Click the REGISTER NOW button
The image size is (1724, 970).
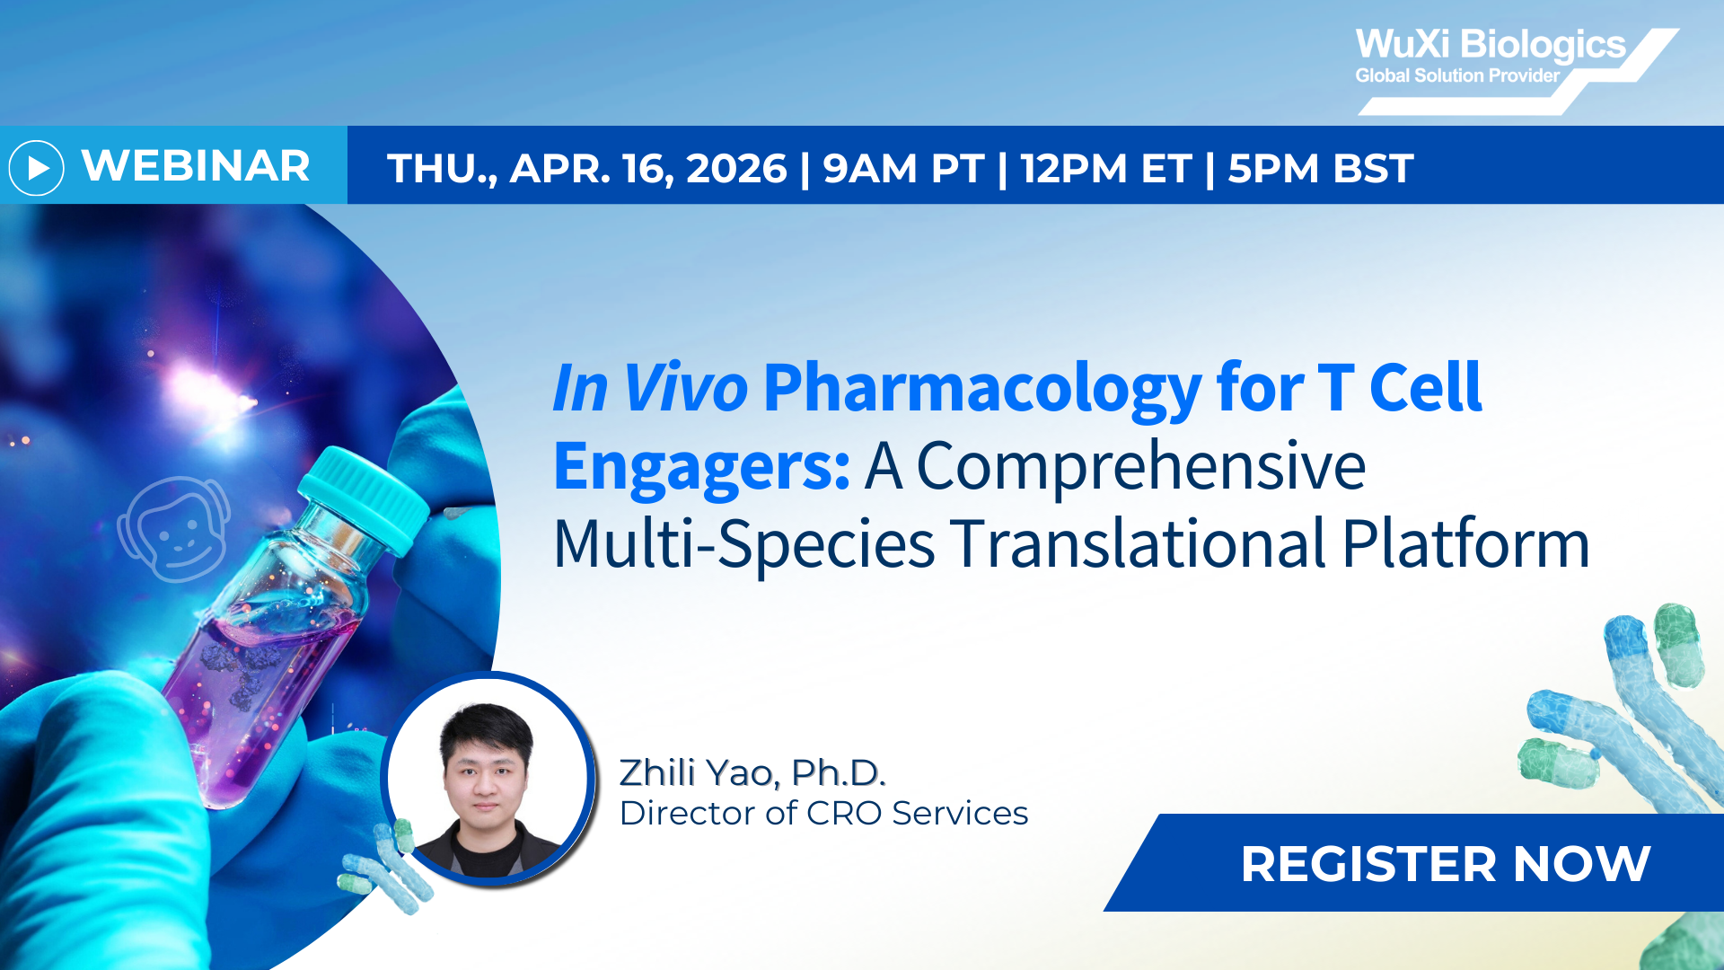(1445, 863)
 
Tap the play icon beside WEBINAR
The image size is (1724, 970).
(37, 167)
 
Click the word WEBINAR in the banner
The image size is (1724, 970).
(196, 166)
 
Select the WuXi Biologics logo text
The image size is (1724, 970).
(1490, 45)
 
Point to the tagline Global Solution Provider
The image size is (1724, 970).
(1456, 76)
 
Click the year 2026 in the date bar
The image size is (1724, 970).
(736, 169)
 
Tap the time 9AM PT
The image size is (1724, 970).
(903, 169)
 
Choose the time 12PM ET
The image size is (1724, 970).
(1106, 169)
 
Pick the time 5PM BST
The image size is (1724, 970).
(1320, 169)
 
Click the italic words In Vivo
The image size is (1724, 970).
(649, 388)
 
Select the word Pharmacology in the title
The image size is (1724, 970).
(981, 388)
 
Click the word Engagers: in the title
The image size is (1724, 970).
(701, 466)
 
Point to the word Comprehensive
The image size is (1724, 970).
(1140, 466)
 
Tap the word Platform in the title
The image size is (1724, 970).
(1465, 544)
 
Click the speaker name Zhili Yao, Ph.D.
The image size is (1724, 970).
(752, 772)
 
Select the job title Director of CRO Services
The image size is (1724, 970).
(823, 813)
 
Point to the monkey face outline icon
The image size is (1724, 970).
(175, 530)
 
